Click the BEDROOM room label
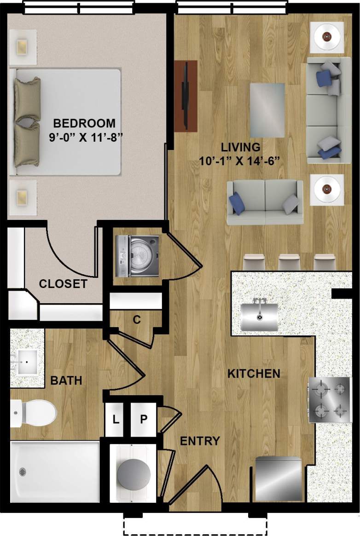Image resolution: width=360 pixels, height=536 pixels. [x=84, y=123]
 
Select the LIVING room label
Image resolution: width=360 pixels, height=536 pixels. [x=240, y=148]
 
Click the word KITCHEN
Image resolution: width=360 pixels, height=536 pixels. [x=254, y=374]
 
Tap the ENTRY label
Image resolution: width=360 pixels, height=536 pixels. [x=199, y=441]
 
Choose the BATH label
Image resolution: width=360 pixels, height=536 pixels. [x=66, y=380]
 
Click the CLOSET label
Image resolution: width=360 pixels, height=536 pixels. [x=63, y=284]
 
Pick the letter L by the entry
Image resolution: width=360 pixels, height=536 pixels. [x=116, y=419]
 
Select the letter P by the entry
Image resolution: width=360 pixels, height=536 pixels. [x=144, y=419]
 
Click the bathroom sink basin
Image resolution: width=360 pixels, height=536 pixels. [x=26, y=362]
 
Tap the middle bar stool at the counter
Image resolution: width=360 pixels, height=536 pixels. [x=289, y=262]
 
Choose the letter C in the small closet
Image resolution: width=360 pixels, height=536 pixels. [x=136, y=320]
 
